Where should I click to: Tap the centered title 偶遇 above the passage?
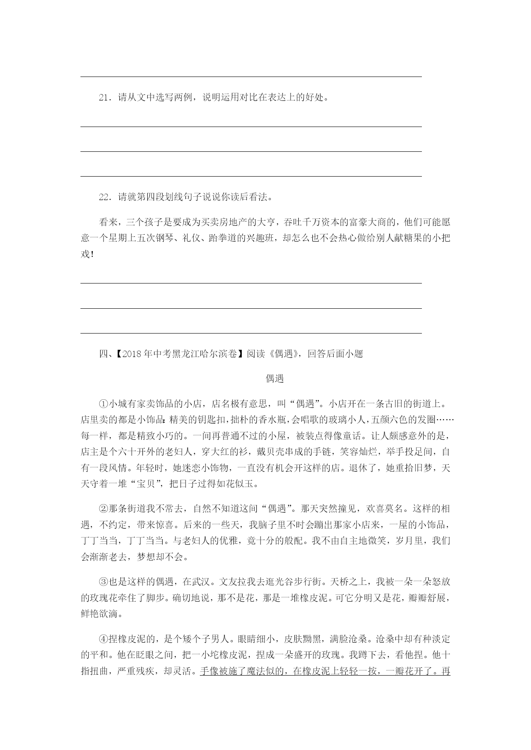[274, 378]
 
